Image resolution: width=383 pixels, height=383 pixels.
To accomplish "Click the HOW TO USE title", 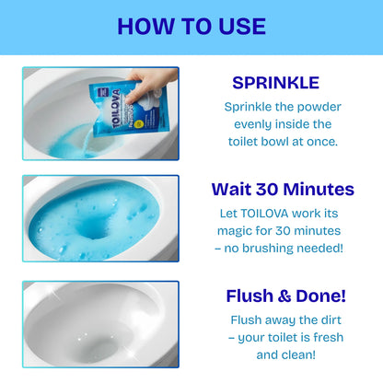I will pyautogui.click(x=191, y=27).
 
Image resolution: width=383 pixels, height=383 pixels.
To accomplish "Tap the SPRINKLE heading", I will pyautogui.click(x=277, y=83).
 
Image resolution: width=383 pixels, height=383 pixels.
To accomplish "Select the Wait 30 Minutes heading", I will pyautogui.click(x=282, y=190).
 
